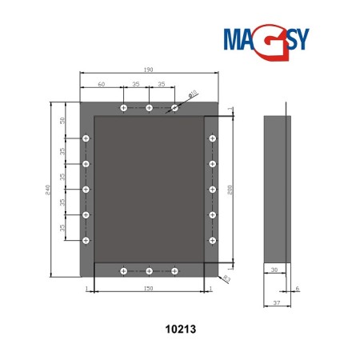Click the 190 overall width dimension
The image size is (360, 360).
[150, 70]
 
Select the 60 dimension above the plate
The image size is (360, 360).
[101, 83]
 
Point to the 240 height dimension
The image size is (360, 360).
[49, 189]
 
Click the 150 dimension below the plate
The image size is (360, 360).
[149, 286]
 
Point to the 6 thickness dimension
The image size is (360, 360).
[298, 288]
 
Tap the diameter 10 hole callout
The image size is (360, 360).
[193, 94]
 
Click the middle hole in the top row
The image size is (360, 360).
[150, 107]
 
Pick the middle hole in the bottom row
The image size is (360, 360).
[150, 271]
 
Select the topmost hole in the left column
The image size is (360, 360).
[86, 138]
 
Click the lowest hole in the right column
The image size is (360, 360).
[213, 240]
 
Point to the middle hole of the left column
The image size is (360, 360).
[86, 189]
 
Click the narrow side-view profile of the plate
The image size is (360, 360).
[278, 189]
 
